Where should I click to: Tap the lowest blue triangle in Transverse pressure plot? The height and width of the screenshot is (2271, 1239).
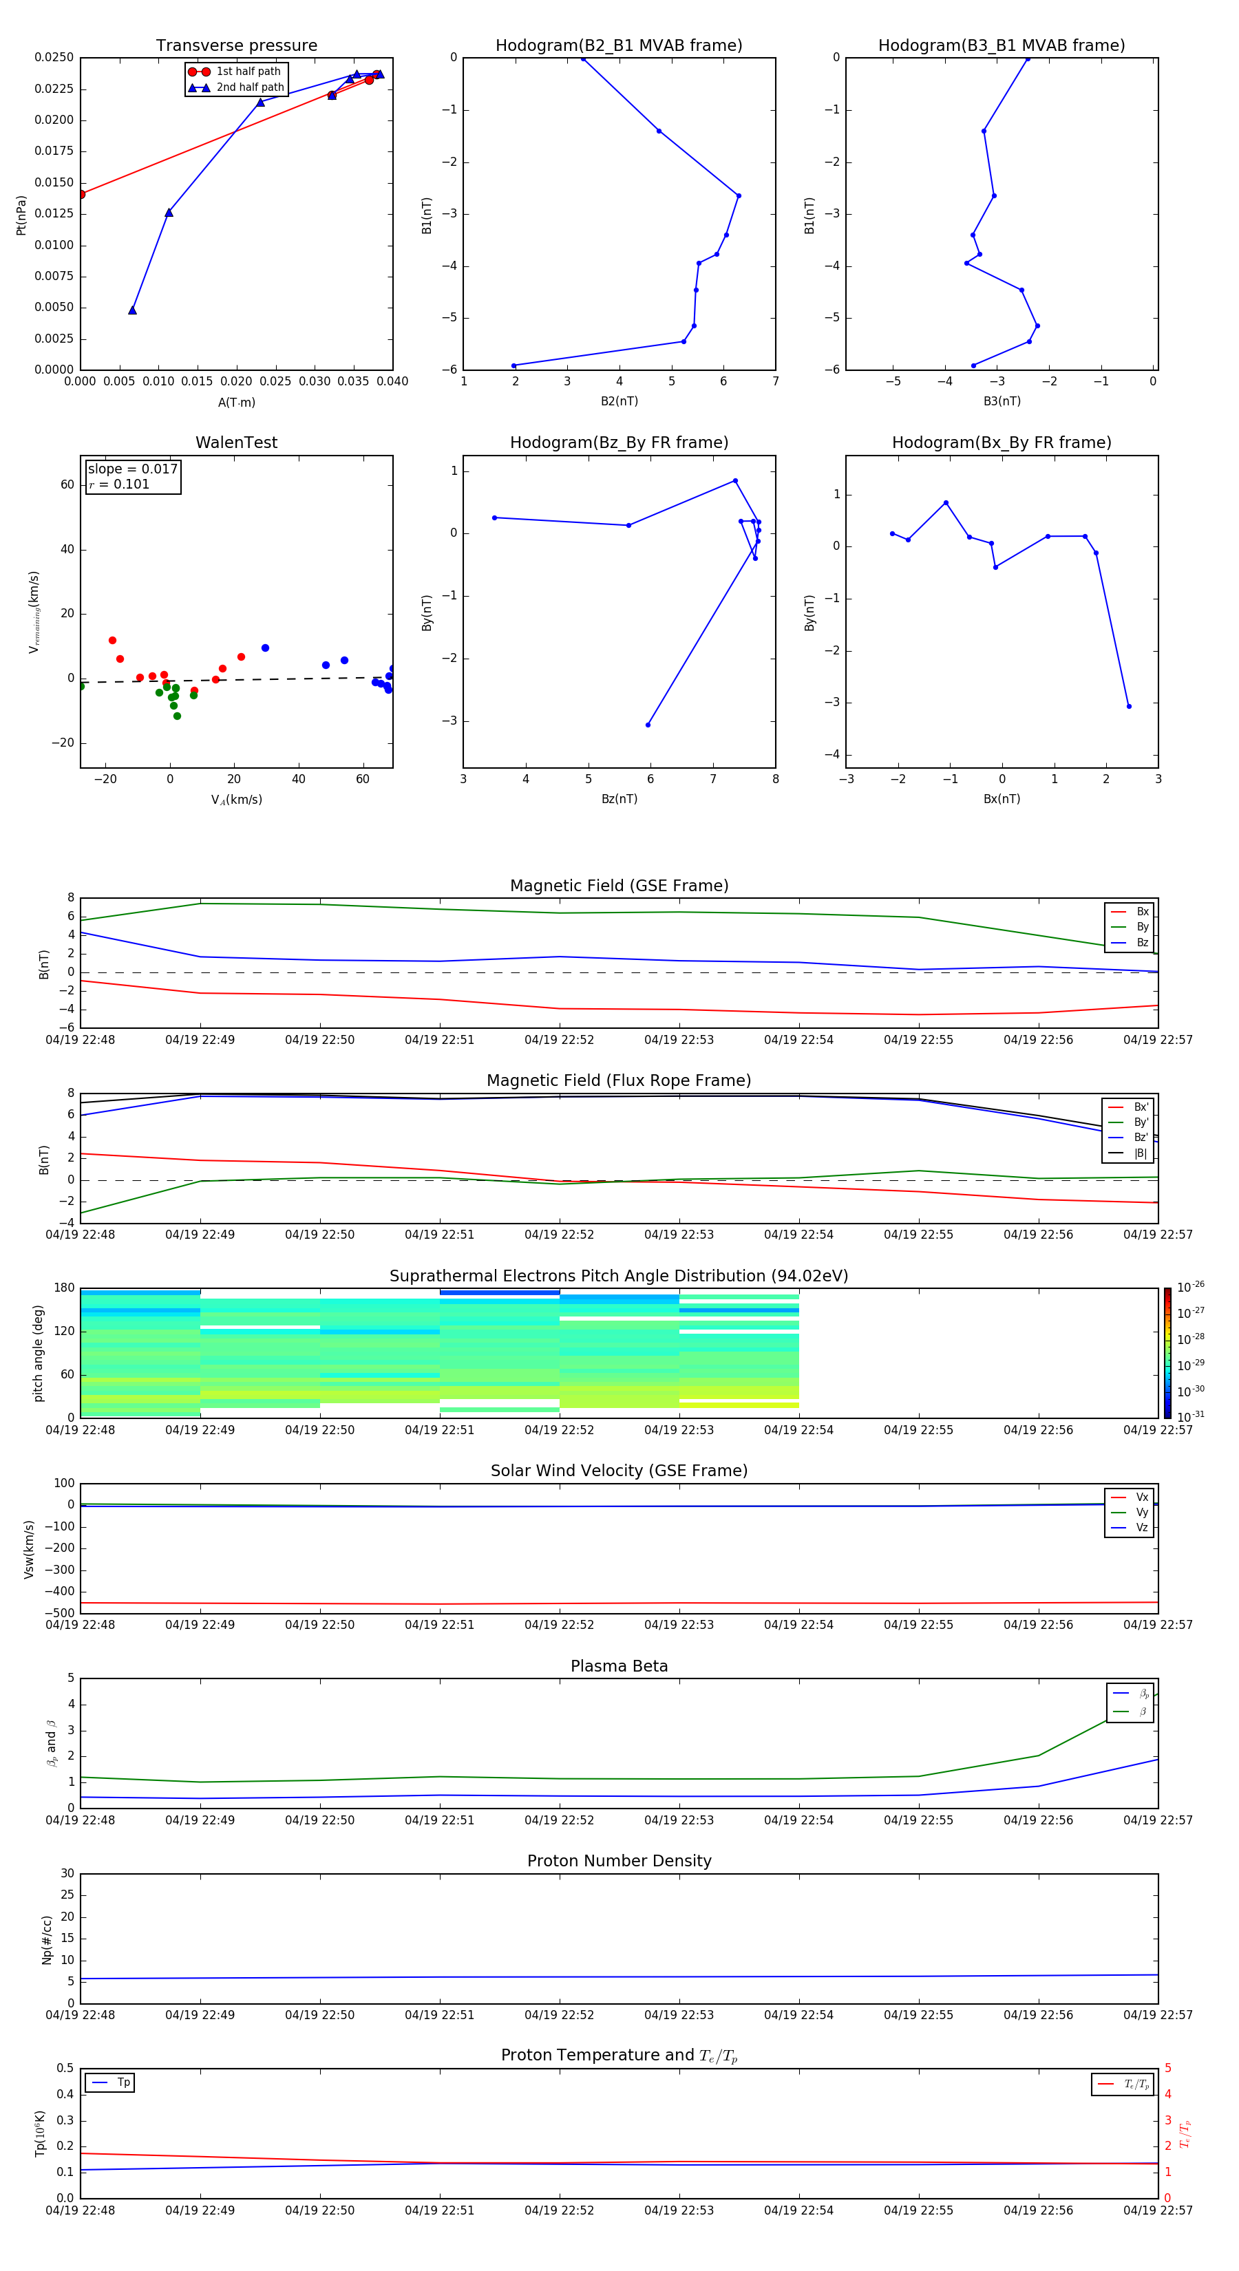(132, 310)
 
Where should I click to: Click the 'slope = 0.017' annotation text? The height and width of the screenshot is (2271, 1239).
(132, 469)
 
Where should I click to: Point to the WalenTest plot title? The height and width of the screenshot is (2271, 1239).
(236, 443)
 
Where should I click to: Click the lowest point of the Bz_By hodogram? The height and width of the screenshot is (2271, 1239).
(648, 725)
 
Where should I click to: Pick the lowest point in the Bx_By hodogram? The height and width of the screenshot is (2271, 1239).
(1129, 706)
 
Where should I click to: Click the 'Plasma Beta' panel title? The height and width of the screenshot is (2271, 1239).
(619, 1666)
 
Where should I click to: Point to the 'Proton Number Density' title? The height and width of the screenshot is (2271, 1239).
(619, 1861)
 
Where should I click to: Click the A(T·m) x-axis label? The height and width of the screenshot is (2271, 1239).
(236, 403)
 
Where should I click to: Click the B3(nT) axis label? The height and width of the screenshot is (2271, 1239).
(1002, 401)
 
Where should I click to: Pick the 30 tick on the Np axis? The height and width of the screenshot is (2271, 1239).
(67, 1873)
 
